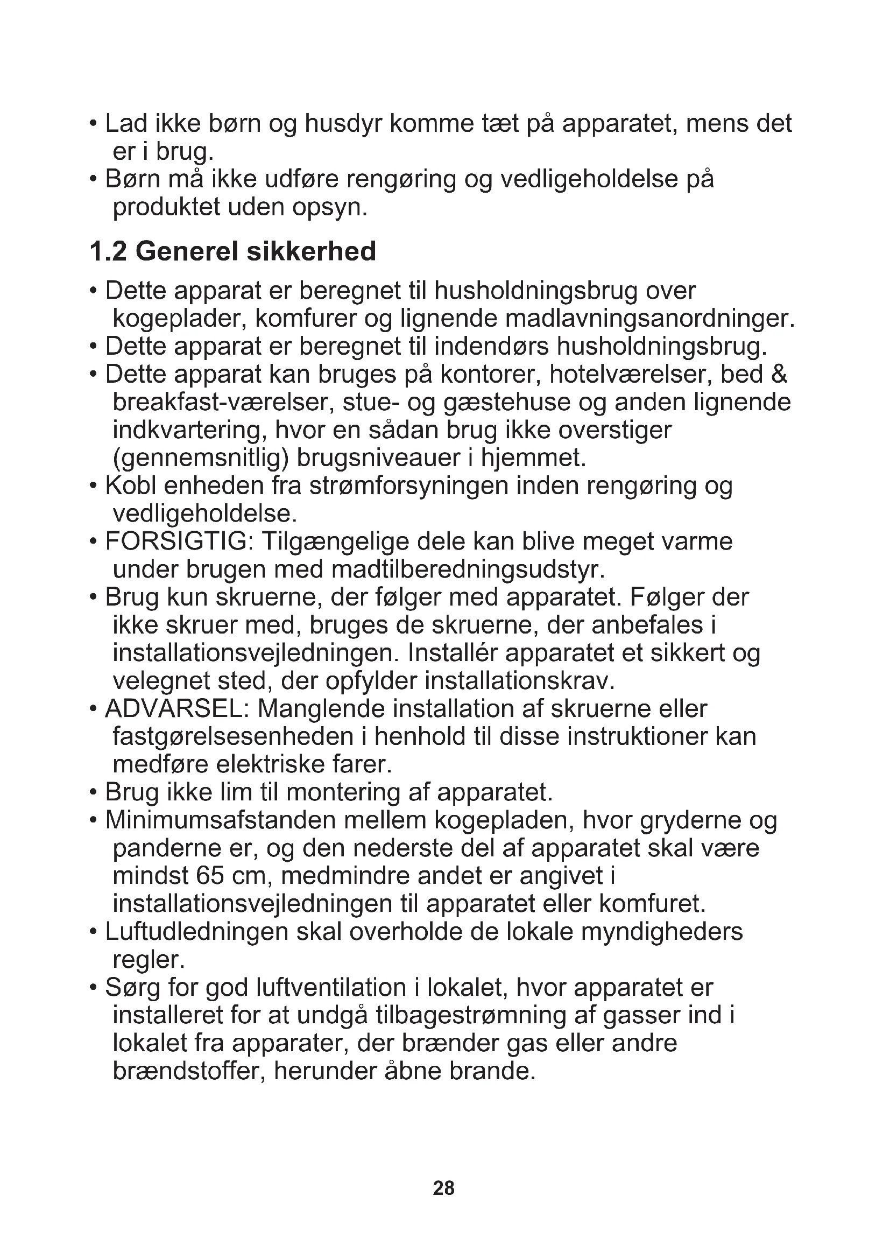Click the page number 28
pos(443,1188)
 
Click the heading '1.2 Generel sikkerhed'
pos(233,252)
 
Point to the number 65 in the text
pos(209,876)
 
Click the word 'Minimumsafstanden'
pos(220,820)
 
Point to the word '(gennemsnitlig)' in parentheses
pos(201,458)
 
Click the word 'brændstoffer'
pos(188,1072)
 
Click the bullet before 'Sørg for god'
pos(93,989)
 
